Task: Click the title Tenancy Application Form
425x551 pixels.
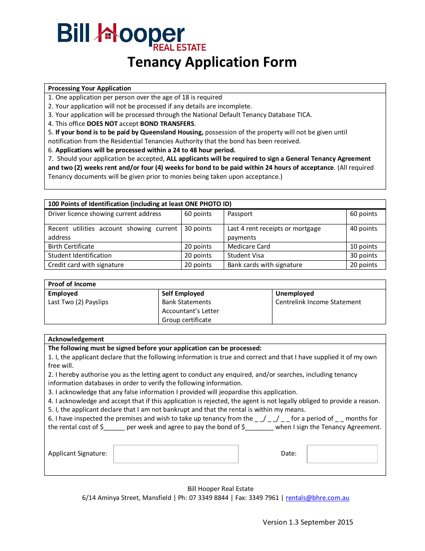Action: (x=212, y=62)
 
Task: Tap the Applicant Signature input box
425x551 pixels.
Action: (x=175, y=454)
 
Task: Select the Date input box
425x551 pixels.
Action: (x=342, y=454)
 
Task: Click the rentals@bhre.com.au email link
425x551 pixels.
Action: (x=317, y=498)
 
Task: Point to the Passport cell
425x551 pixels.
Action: (x=240, y=214)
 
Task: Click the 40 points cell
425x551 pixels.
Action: (x=363, y=229)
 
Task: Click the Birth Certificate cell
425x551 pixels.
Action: (x=71, y=247)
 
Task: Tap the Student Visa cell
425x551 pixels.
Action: (x=246, y=256)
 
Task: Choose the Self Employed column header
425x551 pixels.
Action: (x=183, y=294)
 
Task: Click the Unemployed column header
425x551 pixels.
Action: (x=294, y=294)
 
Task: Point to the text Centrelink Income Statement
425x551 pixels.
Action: (x=318, y=302)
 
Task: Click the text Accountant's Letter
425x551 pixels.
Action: (x=191, y=311)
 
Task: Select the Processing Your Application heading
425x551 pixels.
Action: (x=89, y=89)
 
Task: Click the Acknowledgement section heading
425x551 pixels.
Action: (x=76, y=340)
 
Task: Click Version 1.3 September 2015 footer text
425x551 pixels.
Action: (x=308, y=522)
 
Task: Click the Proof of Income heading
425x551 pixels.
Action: (x=72, y=284)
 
